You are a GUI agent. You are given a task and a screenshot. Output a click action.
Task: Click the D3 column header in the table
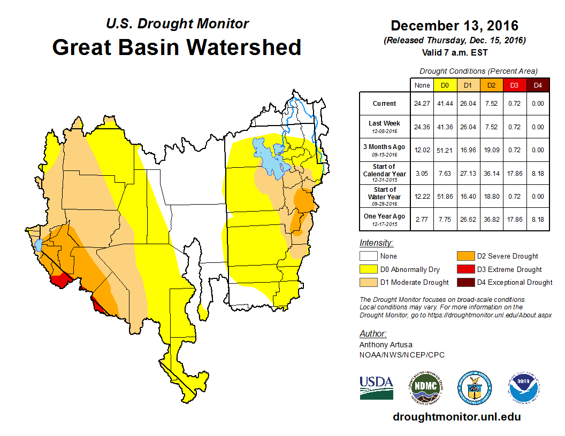(513, 85)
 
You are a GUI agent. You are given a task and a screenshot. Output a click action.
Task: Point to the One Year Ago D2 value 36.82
(491, 219)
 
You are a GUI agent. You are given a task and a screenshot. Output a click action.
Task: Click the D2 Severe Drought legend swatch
(464, 256)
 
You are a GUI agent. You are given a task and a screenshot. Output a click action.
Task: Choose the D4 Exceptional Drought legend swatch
(464, 282)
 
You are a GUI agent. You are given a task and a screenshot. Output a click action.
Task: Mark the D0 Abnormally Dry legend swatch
(368, 269)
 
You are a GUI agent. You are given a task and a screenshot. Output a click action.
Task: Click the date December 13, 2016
(454, 26)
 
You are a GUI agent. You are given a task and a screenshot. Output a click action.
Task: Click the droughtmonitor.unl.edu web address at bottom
(457, 417)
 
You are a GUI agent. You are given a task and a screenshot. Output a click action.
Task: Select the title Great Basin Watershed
(177, 47)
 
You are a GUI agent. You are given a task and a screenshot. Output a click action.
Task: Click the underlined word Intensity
(376, 243)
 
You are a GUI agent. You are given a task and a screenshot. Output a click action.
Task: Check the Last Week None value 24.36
(422, 127)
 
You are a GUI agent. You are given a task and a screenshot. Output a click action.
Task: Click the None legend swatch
(368, 256)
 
